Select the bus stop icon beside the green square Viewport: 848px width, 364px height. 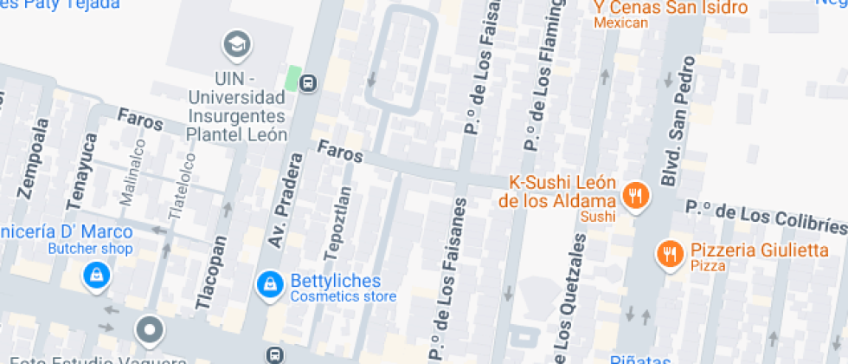308,83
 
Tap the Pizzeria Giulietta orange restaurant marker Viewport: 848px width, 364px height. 669,253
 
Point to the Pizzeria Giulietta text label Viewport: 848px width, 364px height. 759,251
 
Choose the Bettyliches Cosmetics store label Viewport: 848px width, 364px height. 344,289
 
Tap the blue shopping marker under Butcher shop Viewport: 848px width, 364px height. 94,276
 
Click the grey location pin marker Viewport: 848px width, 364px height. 150,330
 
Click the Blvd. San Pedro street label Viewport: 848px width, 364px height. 678,120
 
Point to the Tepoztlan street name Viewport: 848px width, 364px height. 338,223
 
